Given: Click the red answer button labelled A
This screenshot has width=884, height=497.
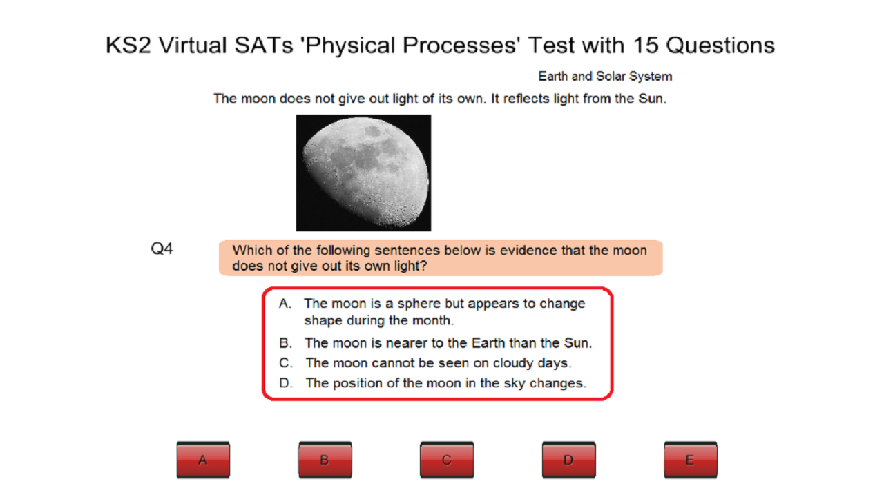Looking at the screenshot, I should tap(203, 460).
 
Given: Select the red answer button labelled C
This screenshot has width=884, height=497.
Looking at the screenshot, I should tap(447, 460).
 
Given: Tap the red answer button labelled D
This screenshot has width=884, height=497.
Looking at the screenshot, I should tap(568, 460).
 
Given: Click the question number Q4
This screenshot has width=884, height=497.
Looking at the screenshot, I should tap(162, 249).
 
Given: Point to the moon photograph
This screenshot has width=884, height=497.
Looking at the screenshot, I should tap(363, 173).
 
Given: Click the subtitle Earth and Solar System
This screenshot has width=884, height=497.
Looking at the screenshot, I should tap(605, 76).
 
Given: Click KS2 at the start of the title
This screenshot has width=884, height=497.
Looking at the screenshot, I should tap(128, 46).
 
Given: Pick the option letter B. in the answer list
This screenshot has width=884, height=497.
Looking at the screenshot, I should tap(286, 343).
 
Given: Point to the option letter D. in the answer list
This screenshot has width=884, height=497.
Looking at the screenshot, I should tap(287, 383).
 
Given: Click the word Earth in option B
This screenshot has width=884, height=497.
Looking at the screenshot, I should tap(490, 343).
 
